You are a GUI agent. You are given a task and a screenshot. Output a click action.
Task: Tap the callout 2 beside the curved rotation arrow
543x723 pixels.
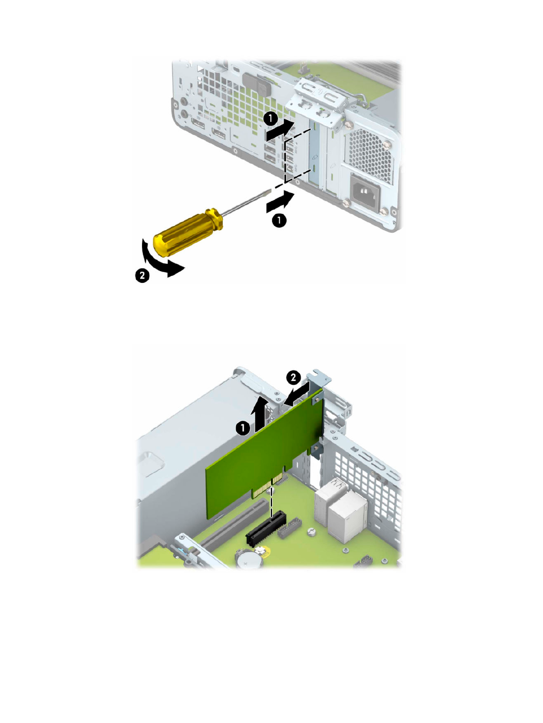click(142, 276)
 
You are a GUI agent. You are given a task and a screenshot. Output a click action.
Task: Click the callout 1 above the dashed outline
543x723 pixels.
click(270, 119)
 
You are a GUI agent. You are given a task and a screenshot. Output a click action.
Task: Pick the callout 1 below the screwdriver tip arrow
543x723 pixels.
click(279, 220)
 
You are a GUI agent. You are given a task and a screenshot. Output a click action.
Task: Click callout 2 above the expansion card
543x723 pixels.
click(293, 377)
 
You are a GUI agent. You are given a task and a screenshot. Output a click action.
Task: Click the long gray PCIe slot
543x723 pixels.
click(233, 525)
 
